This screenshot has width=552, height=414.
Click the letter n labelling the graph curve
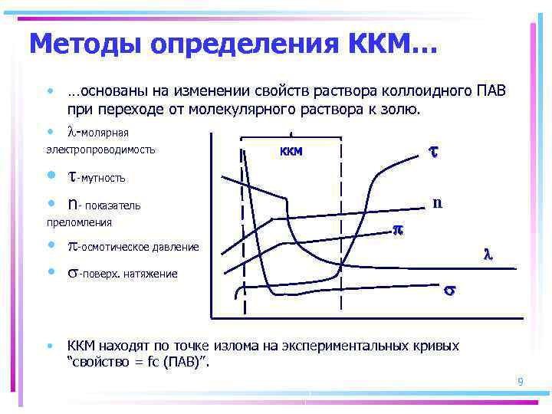(x=436, y=203)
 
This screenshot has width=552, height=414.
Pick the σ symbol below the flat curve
(x=449, y=291)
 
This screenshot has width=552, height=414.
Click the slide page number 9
(x=520, y=381)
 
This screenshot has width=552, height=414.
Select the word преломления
(x=79, y=222)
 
